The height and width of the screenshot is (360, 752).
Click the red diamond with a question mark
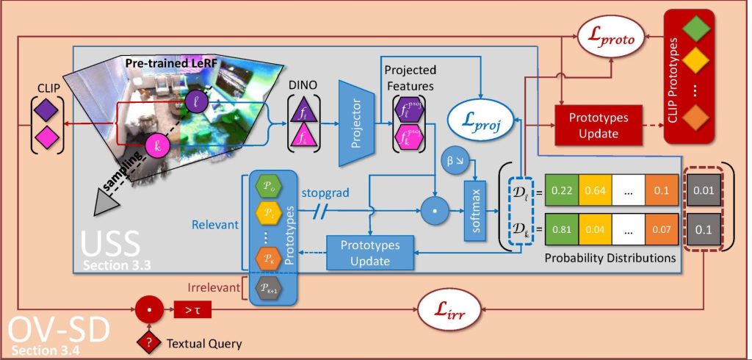tap(150, 343)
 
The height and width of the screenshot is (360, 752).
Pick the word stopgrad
tap(325, 193)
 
